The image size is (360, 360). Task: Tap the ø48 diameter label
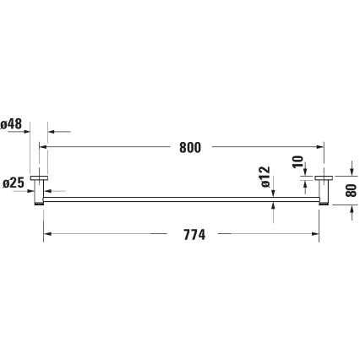coord(12,123)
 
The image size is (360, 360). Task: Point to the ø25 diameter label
coord(12,182)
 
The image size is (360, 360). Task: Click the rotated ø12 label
coord(265,176)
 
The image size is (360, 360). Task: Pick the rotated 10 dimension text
coord(297,162)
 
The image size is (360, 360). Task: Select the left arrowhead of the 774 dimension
coord(47,233)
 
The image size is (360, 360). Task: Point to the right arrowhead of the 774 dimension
coord(314,233)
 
